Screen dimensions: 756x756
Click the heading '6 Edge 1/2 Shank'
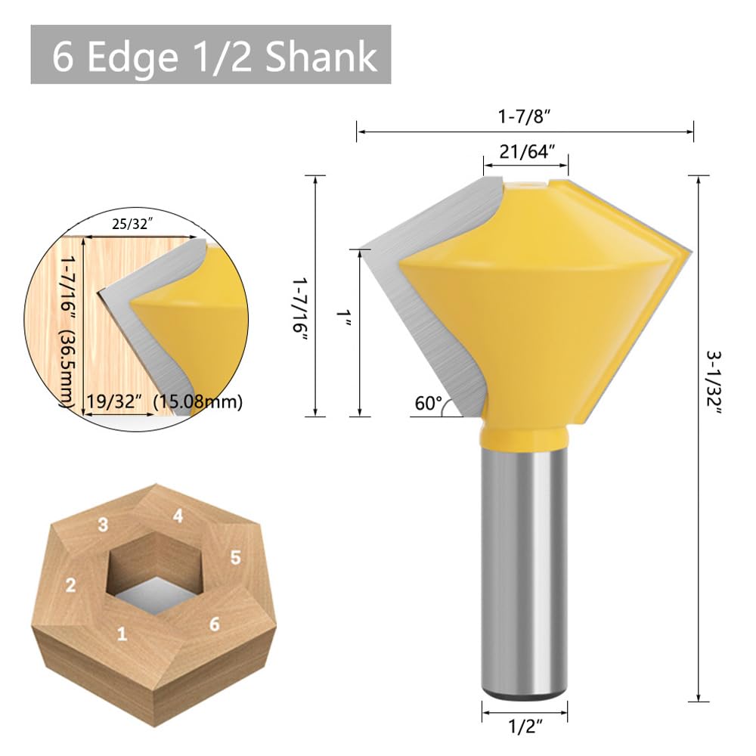[211, 57]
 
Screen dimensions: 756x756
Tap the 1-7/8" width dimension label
[526, 118]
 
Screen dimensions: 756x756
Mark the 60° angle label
[427, 404]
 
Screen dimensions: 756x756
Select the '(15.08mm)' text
[197, 401]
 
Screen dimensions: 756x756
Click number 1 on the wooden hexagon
[122, 634]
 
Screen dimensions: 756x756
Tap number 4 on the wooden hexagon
[178, 516]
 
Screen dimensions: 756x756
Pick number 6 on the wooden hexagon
[215, 624]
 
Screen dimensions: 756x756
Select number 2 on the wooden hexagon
[71, 585]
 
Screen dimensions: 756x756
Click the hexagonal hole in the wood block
[153, 575]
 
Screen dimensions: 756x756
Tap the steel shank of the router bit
[525, 567]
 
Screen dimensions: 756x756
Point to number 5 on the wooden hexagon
[235, 558]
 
